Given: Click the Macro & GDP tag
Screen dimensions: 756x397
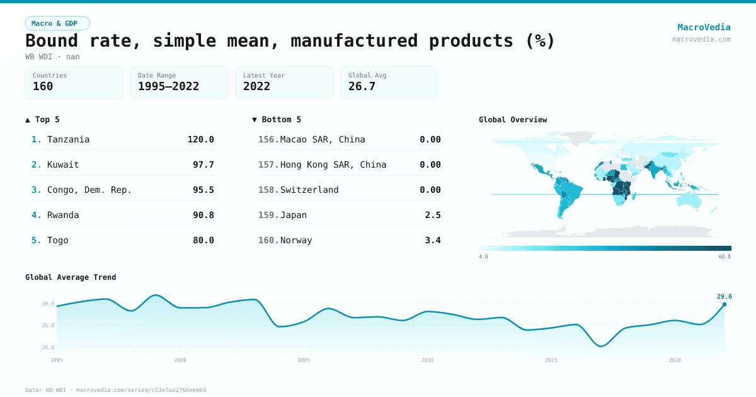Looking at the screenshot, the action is pyautogui.click(x=57, y=23).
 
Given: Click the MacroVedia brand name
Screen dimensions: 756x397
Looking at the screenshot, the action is pyautogui.click(x=704, y=27).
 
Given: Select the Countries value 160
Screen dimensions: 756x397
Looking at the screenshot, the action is pyautogui.click(x=43, y=86).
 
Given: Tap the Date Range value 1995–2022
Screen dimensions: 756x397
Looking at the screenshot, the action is pyautogui.click(x=168, y=86).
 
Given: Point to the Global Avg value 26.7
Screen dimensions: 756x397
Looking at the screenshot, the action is pyautogui.click(x=362, y=86).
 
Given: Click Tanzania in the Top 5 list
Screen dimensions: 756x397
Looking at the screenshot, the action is pyautogui.click(x=68, y=139).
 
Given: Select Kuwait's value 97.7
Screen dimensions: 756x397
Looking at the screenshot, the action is pyautogui.click(x=203, y=164).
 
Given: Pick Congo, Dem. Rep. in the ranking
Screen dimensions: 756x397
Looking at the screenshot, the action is pyautogui.click(x=89, y=190).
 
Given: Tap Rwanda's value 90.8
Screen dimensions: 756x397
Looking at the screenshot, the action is pyautogui.click(x=203, y=215).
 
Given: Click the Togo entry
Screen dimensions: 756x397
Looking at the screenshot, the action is pyautogui.click(x=58, y=240).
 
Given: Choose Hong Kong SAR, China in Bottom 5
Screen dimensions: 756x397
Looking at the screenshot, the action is pyautogui.click(x=333, y=164).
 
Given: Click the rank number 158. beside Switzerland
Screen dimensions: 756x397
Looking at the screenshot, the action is pyautogui.click(x=268, y=190).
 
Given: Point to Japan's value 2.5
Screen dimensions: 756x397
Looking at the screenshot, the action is pyautogui.click(x=433, y=215).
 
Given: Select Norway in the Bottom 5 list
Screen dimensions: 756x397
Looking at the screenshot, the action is pyautogui.click(x=296, y=240).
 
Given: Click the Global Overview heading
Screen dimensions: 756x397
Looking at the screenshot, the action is pyautogui.click(x=513, y=120).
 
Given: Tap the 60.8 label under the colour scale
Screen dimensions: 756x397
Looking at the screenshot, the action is pyautogui.click(x=724, y=257).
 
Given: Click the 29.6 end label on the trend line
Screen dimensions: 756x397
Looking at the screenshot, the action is pyautogui.click(x=724, y=297).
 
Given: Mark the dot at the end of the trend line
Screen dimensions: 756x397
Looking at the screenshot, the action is pyautogui.click(x=724, y=304).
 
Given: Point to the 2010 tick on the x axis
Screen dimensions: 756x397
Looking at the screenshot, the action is pyautogui.click(x=428, y=360).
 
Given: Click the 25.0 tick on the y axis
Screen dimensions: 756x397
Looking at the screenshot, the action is pyautogui.click(x=48, y=325).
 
